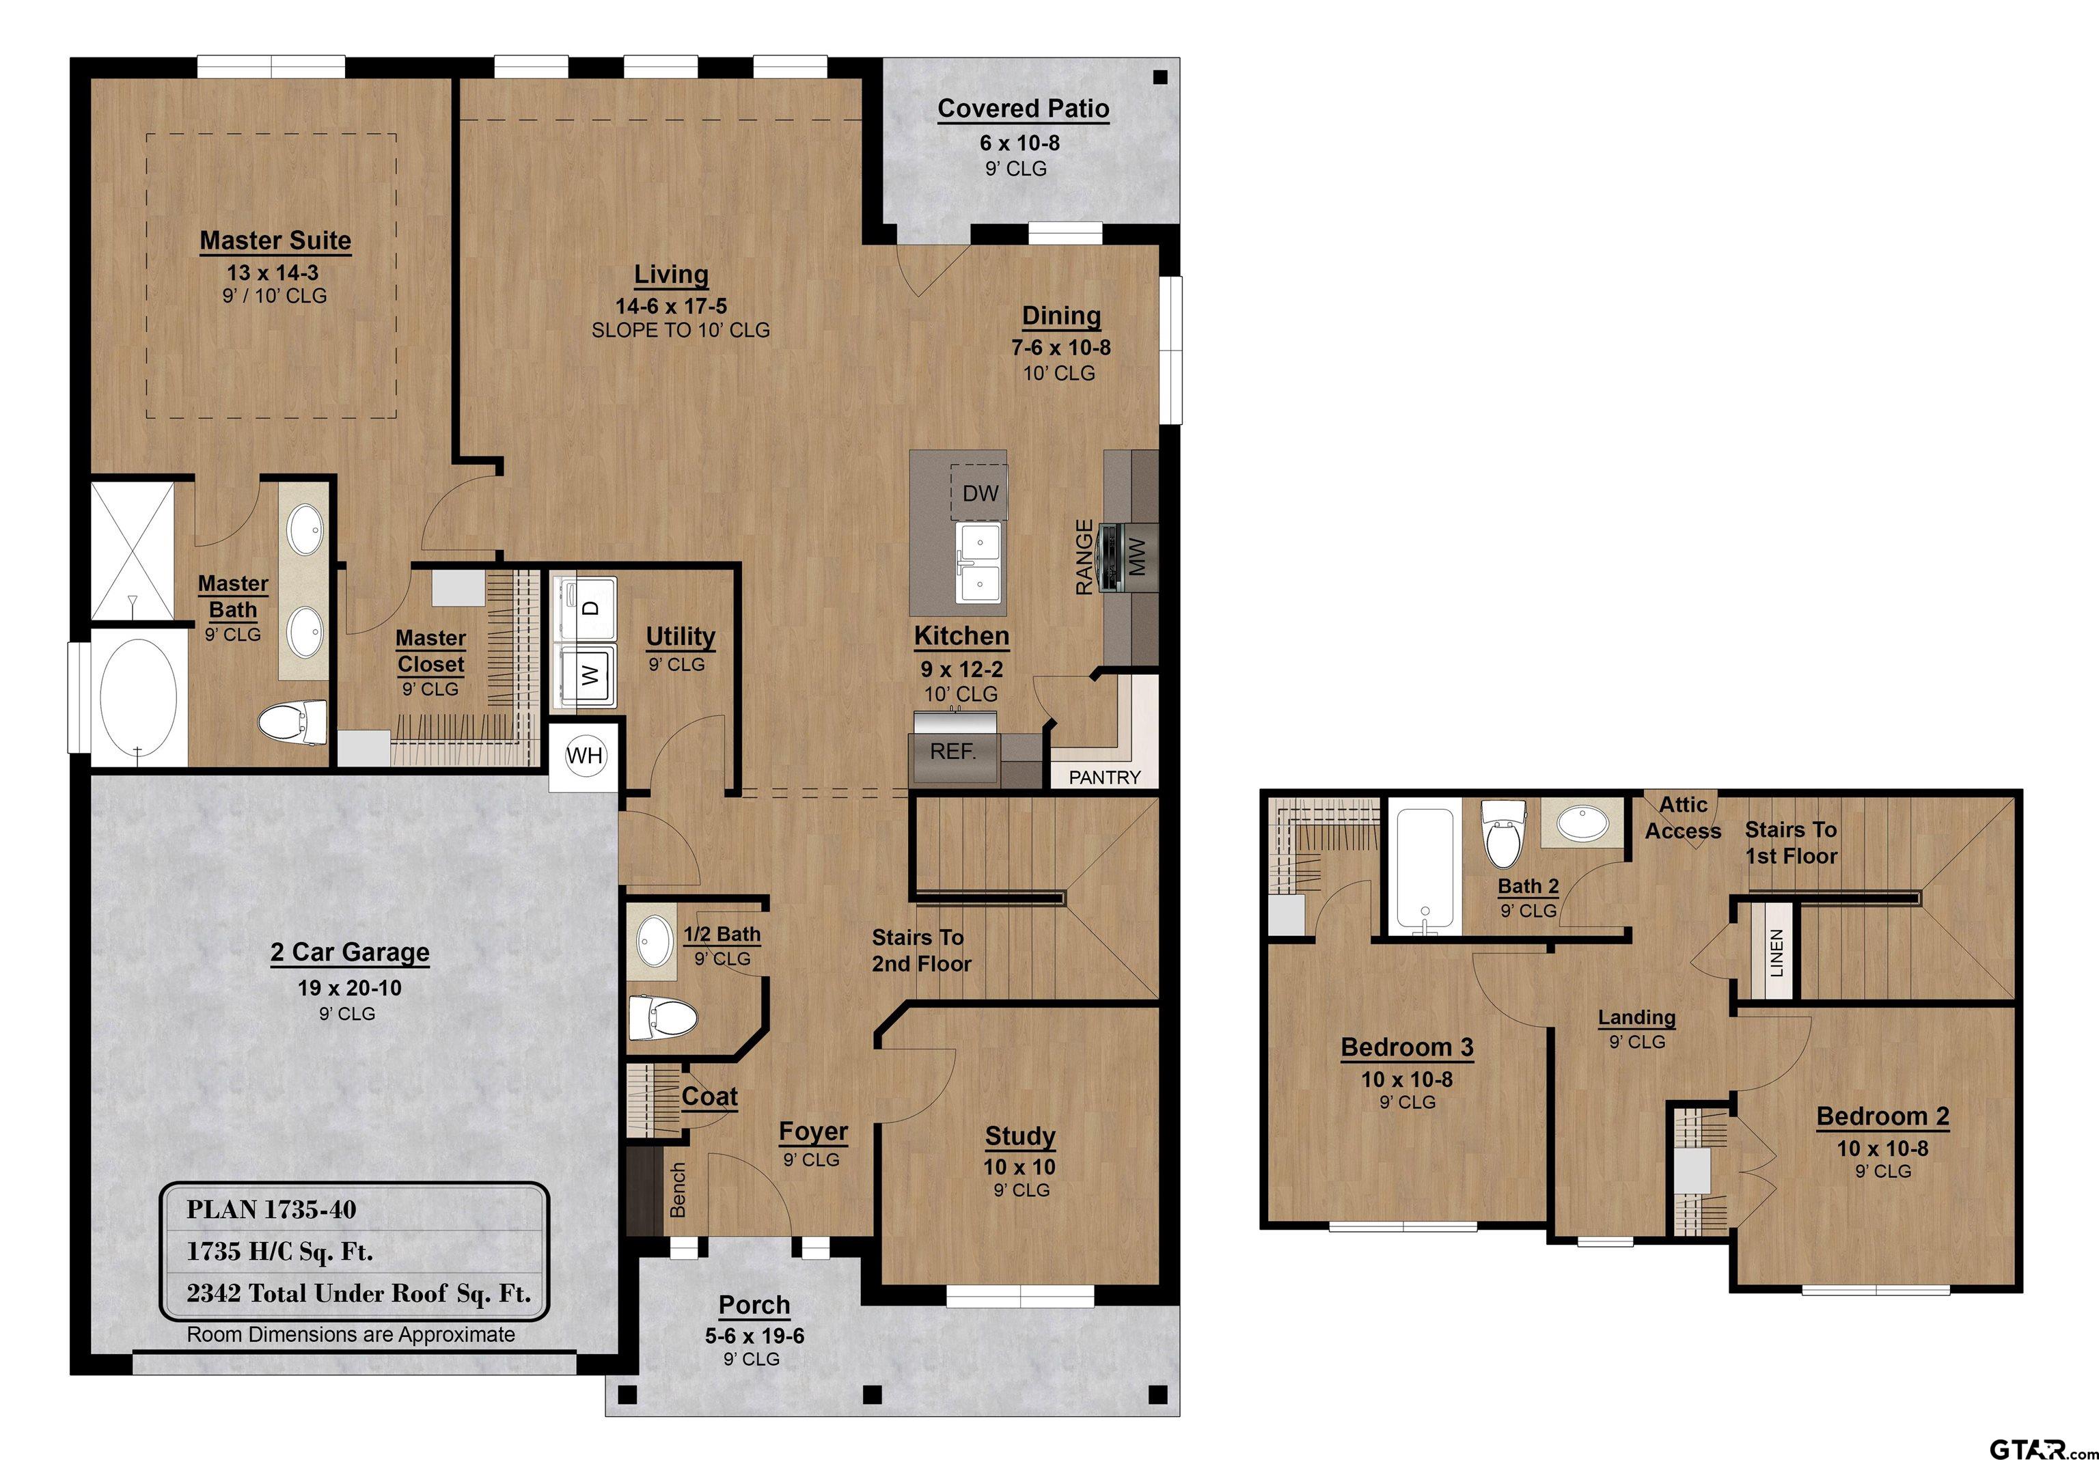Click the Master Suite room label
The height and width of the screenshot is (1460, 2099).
[x=275, y=240]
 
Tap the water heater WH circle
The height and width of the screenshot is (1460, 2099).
[x=585, y=756]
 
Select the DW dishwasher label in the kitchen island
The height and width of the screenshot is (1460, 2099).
[x=980, y=494]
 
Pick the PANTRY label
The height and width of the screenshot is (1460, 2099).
[x=1104, y=777]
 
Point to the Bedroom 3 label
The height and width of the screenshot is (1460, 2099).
[x=1407, y=1048]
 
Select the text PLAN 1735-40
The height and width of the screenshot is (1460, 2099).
[x=271, y=1209]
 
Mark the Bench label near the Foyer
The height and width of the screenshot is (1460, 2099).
[x=677, y=1189]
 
